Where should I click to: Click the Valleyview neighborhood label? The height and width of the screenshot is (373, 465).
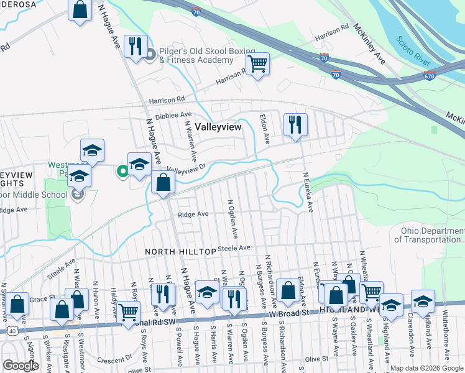pyautogui.click(x=218, y=126)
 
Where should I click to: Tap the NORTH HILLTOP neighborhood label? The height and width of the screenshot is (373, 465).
pyautogui.click(x=180, y=251)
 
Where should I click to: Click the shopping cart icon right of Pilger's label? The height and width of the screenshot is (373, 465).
pyautogui.click(x=257, y=63)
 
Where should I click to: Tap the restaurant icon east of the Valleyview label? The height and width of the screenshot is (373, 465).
pyautogui.click(x=295, y=124)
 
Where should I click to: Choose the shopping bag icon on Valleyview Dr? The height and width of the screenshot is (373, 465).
pyautogui.click(x=163, y=183)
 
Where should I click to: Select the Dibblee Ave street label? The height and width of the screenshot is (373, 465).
pyautogui.click(x=173, y=115)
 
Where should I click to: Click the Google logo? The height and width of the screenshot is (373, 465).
pyautogui.click(x=21, y=366)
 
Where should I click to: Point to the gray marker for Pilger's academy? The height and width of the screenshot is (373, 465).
pyautogui.click(x=150, y=55)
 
